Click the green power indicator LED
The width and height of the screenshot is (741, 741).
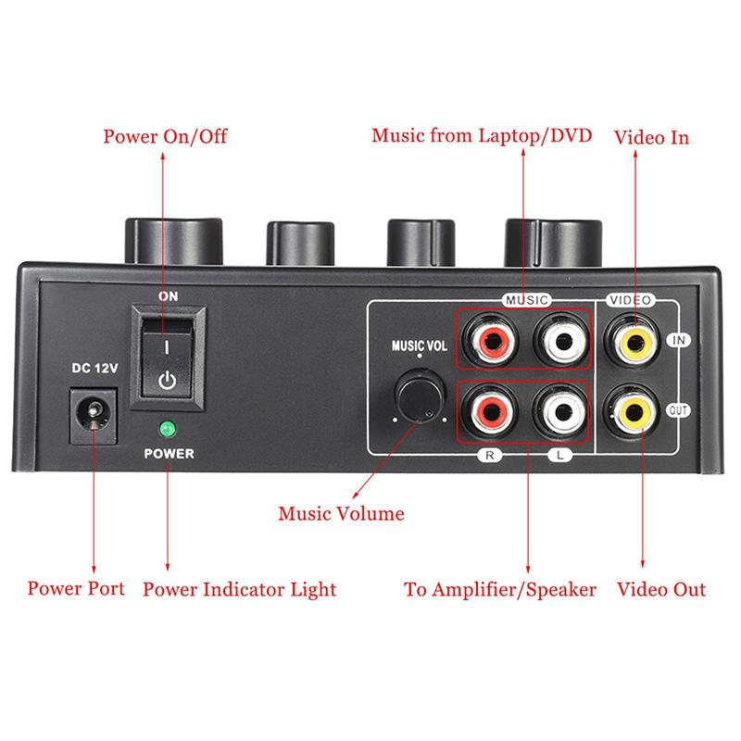(x=168, y=430)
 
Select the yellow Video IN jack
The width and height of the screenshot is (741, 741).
(x=635, y=341)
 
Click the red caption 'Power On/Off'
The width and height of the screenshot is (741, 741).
(x=165, y=137)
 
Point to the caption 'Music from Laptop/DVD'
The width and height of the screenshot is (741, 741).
(x=482, y=135)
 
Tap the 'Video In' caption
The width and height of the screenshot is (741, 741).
(x=652, y=137)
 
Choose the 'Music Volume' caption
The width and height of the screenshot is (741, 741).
(x=342, y=512)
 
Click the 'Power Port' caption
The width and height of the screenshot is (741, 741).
(x=76, y=588)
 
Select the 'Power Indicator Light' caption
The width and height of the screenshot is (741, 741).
(x=239, y=589)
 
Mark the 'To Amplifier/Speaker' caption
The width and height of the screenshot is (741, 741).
(x=500, y=589)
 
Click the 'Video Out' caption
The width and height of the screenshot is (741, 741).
(x=661, y=589)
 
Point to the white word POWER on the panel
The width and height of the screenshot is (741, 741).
(x=168, y=454)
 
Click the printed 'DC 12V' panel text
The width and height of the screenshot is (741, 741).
(x=94, y=369)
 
